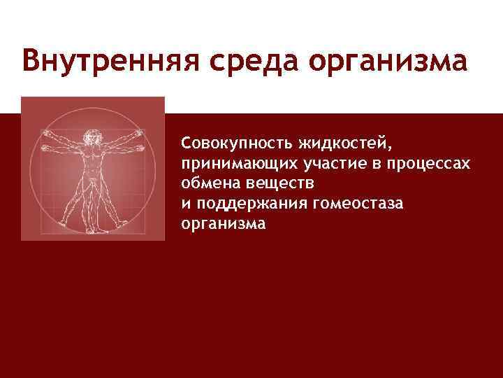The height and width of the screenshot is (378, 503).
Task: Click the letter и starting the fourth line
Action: tap(185, 204)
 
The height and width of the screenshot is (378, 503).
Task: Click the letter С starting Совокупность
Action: tap(186, 143)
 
